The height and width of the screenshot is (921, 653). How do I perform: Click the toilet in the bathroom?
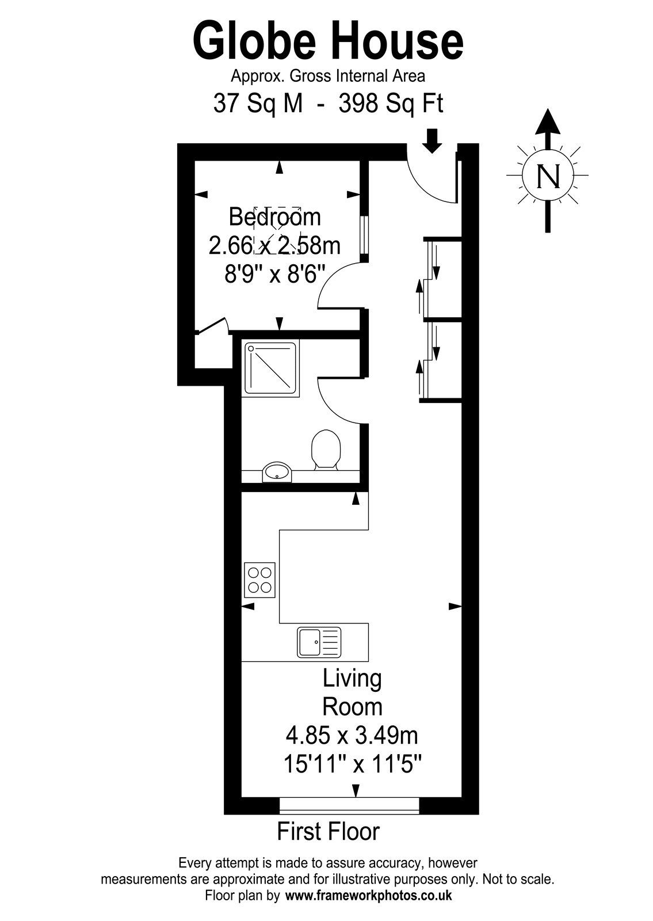click(326, 450)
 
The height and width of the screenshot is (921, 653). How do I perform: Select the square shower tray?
click(272, 368)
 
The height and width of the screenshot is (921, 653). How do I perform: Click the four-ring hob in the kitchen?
click(259, 580)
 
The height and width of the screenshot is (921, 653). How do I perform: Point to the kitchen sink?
click(319, 642)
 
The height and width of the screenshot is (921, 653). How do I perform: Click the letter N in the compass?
click(548, 176)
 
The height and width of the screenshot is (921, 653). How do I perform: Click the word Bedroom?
click(274, 217)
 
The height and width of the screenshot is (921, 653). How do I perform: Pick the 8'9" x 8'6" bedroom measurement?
click(274, 274)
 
